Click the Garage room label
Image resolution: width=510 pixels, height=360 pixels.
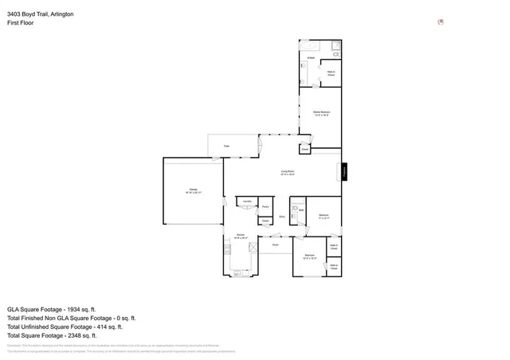[194, 189]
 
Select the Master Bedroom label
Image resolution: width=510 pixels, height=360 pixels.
[320, 113]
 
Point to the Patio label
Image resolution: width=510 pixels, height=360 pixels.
[227, 147]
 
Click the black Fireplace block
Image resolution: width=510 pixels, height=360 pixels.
[344, 171]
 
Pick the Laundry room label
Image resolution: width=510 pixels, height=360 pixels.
[247, 202]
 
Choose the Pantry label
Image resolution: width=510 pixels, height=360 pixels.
[265, 206]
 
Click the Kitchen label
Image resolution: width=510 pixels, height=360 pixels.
[241, 235]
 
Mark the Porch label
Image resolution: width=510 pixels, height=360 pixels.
[275, 245]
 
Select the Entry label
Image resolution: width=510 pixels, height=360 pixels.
[283, 216]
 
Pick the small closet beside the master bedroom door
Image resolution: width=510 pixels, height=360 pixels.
[304, 149]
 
